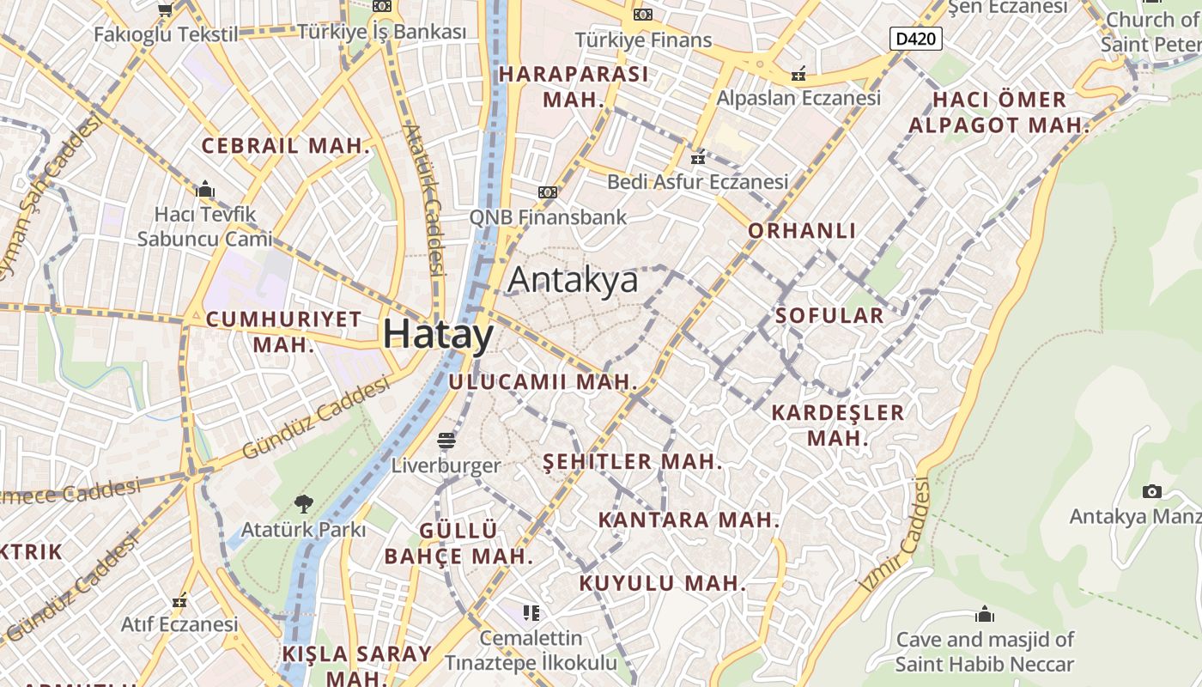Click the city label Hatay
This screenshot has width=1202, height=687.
438,334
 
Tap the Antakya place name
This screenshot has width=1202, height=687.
573,280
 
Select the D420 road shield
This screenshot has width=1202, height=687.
916,38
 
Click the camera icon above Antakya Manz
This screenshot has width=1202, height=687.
1152,491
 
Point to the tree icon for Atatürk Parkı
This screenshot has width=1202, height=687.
303,504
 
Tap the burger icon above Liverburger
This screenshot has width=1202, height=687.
446,441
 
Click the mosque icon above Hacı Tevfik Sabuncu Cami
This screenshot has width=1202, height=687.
205,189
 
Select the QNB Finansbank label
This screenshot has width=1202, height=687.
548,216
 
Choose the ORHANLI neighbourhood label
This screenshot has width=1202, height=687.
802,230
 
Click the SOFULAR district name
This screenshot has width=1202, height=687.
829,315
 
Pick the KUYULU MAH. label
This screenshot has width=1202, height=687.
662,583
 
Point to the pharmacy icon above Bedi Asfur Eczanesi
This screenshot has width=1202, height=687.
698,158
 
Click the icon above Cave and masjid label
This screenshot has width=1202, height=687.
985,615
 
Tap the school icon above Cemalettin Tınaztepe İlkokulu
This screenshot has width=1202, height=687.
531,612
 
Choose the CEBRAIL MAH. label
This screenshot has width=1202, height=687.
286,146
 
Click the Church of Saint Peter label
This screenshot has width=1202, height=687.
1150,31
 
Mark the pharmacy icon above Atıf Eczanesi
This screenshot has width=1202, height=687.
179,600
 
